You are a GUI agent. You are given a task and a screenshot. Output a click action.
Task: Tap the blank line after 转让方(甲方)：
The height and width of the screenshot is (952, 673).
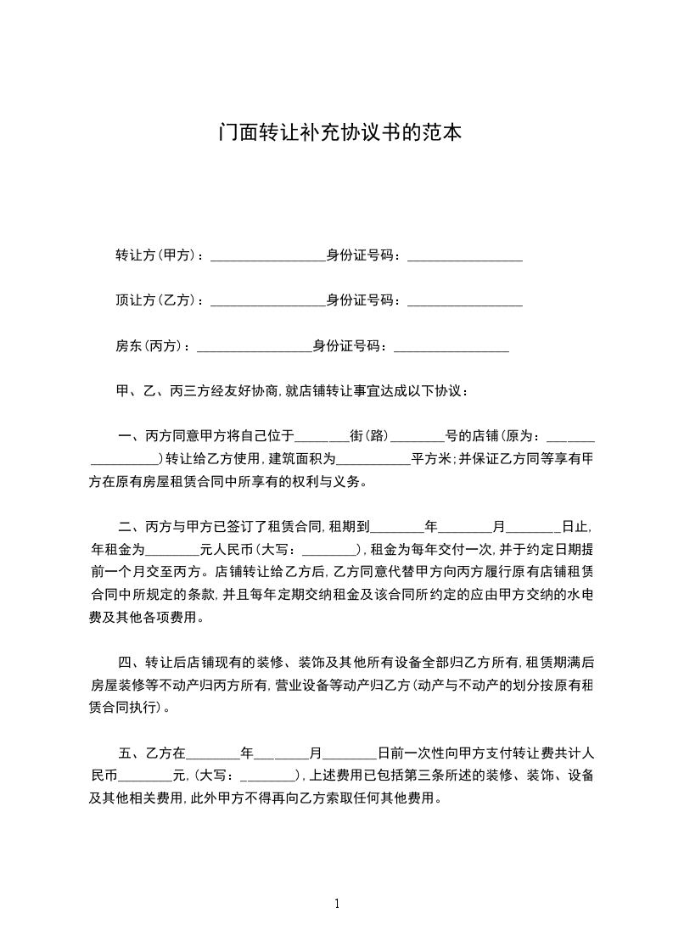(267, 256)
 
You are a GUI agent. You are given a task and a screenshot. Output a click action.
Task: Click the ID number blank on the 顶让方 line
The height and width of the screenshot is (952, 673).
(464, 301)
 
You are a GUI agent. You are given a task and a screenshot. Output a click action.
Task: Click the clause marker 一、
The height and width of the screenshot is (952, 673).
(130, 437)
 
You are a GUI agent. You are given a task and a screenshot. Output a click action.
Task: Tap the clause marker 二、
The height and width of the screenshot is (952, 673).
(130, 527)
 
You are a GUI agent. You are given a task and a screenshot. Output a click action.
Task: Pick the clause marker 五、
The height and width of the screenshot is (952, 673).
(130, 753)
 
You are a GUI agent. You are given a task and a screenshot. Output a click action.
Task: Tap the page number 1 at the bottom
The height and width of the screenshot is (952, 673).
(337, 904)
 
